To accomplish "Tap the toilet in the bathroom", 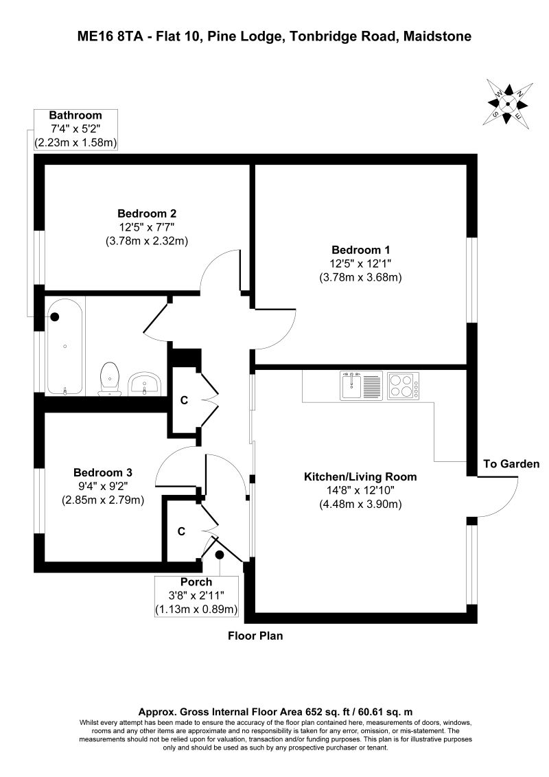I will point(109,380).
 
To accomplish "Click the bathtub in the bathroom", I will point(65,345).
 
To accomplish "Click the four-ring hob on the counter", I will point(404,385).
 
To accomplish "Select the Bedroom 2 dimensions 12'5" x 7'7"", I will point(147,227).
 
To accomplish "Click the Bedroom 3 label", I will point(102,472).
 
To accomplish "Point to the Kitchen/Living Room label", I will point(360,476).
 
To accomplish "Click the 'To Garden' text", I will point(511,464).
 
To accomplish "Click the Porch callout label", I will point(196,583).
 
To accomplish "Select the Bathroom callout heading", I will point(75,115).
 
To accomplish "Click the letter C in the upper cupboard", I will point(183,400).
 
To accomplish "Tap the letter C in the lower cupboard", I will point(181,531).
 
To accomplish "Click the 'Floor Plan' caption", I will point(255,636).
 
